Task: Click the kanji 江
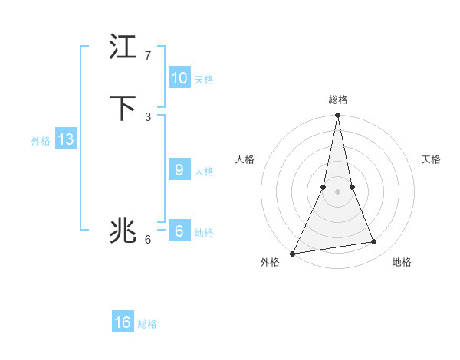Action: pyautogui.click(x=123, y=47)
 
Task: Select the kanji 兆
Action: pyautogui.click(x=123, y=231)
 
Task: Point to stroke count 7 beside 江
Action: pyautogui.click(x=148, y=56)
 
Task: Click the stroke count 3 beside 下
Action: pyautogui.click(x=148, y=116)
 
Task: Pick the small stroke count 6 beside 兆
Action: pyautogui.click(x=148, y=240)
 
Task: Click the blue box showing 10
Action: pyautogui.click(x=179, y=78)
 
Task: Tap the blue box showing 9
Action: pyautogui.click(x=179, y=170)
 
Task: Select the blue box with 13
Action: pyautogui.click(x=66, y=139)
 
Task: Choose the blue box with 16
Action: pyautogui.click(x=123, y=322)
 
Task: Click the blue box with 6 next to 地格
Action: pyautogui.click(x=179, y=231)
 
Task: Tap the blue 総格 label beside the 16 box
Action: pyautogui.click(x=147, y=324)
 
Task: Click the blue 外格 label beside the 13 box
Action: pyautogui.click(x=41, y=141)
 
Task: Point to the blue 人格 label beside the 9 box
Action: pyautogui.click(x=204, y=172)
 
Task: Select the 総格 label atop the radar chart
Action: pyautogui.click(x=338, y=100)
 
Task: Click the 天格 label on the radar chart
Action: pyautogui.click(x=431, y=159)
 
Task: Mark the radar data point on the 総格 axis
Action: pyautogui.click(x=338, y=116)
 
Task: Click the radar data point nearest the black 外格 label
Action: pyautogui.click(x=293, y=253)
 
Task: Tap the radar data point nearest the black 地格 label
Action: pyautogui.click(x=374, y=242)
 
